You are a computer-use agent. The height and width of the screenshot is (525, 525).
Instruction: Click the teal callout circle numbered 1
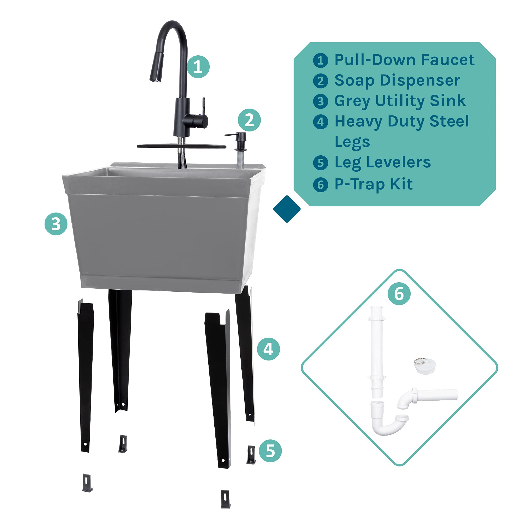198,67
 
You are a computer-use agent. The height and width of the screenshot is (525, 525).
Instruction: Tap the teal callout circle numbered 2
249,120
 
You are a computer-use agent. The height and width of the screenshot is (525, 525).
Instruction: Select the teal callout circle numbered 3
56,224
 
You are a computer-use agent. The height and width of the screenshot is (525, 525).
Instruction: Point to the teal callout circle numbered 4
268,349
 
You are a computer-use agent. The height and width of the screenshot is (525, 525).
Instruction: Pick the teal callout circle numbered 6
399,294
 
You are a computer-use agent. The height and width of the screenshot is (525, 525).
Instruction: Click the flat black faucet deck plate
182,146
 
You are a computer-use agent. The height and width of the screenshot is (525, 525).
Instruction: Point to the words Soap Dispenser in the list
397,81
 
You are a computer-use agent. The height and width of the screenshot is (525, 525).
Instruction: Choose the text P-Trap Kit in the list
373,184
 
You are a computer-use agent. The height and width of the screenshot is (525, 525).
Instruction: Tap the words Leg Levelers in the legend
382,162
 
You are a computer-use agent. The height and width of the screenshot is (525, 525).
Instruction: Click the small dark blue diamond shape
287,209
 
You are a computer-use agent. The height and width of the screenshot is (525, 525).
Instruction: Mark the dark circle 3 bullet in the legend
321,101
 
